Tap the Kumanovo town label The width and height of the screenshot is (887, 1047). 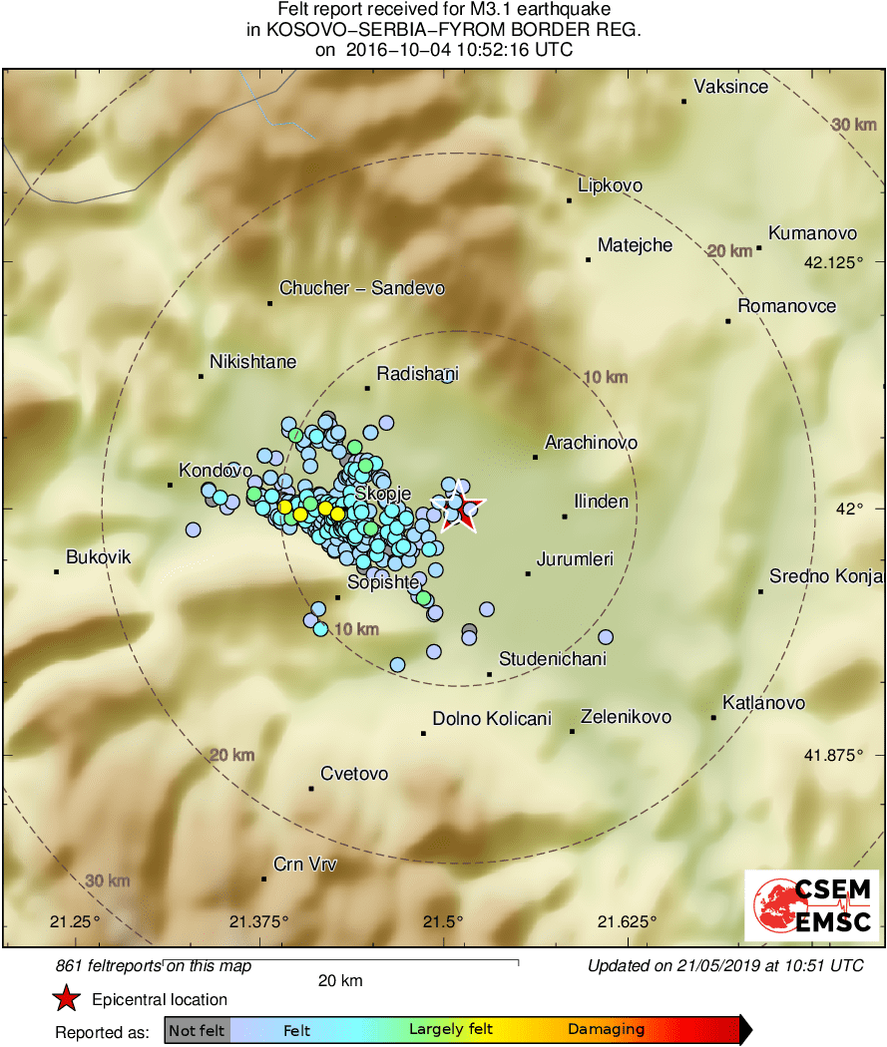[813, 233]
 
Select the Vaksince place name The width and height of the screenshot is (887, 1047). [731, 87]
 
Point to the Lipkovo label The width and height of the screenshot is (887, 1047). [611, 185]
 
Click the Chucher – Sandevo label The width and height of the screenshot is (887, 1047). [362, 288]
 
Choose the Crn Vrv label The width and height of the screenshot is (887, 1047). [305, 865]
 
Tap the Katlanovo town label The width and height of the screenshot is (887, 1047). [764, 703]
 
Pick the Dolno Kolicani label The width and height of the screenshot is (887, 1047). [492, 718]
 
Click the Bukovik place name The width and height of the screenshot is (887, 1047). [99, 557]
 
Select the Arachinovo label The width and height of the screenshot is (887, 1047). [592, 442]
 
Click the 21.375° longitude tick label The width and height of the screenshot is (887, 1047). [258, 920]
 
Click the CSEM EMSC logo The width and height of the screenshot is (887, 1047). [812, 905]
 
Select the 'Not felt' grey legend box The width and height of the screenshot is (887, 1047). [197, 1030]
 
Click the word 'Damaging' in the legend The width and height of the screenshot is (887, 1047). [607, 1030]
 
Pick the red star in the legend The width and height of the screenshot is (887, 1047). [66, 999]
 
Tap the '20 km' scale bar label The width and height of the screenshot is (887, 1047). [340, 981]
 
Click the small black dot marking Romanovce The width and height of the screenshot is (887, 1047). [728, 321]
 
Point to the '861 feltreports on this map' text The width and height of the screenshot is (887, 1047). [154, 965]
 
